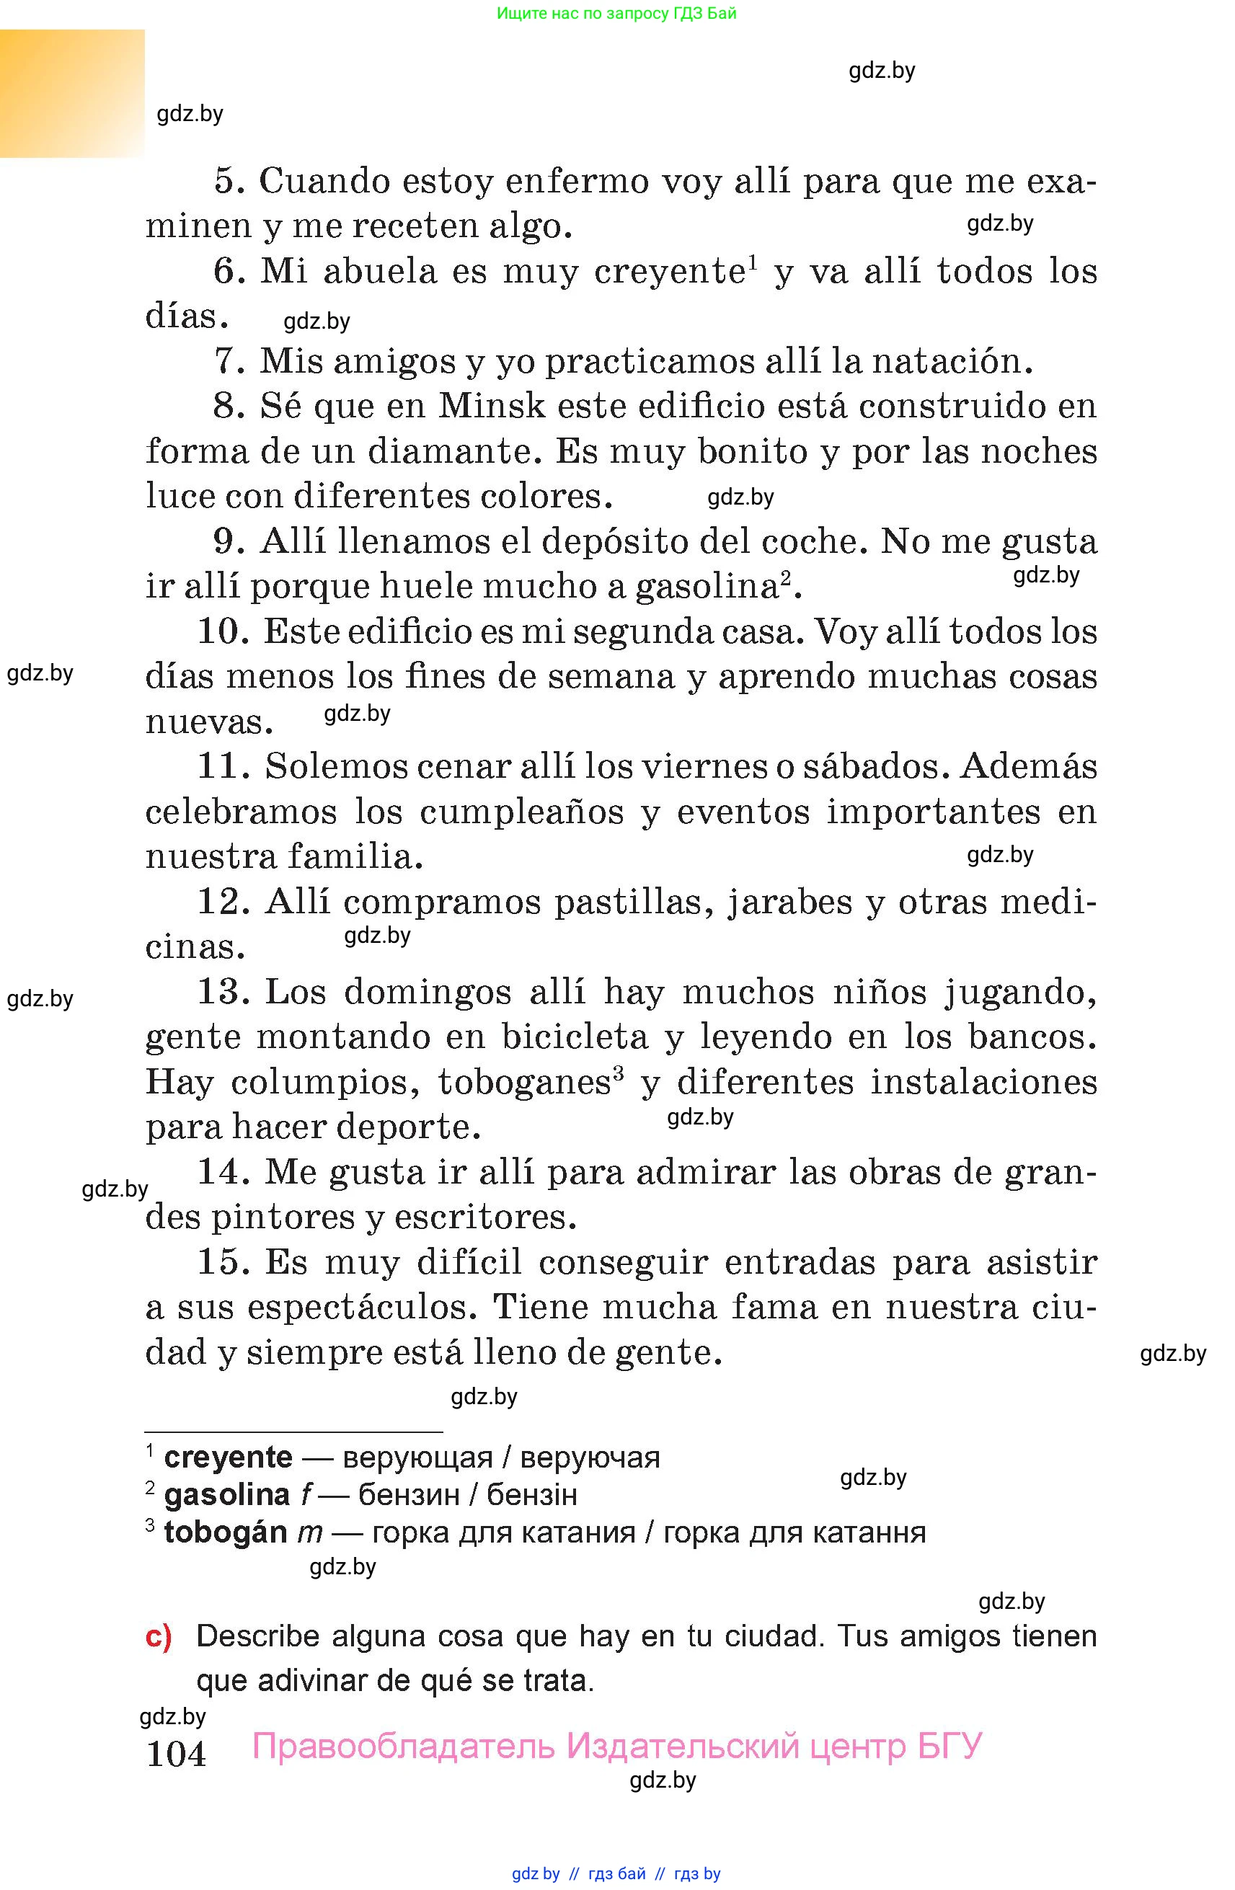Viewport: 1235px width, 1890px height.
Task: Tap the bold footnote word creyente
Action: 228,1458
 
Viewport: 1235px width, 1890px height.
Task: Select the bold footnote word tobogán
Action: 225,1532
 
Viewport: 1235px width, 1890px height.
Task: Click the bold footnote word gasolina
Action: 226,1494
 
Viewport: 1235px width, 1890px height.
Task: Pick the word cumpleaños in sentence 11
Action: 522,812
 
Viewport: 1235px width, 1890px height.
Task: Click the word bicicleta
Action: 575,1037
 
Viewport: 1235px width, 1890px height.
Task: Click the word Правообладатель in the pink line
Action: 404,1745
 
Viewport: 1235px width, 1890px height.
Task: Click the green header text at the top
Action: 616,13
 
